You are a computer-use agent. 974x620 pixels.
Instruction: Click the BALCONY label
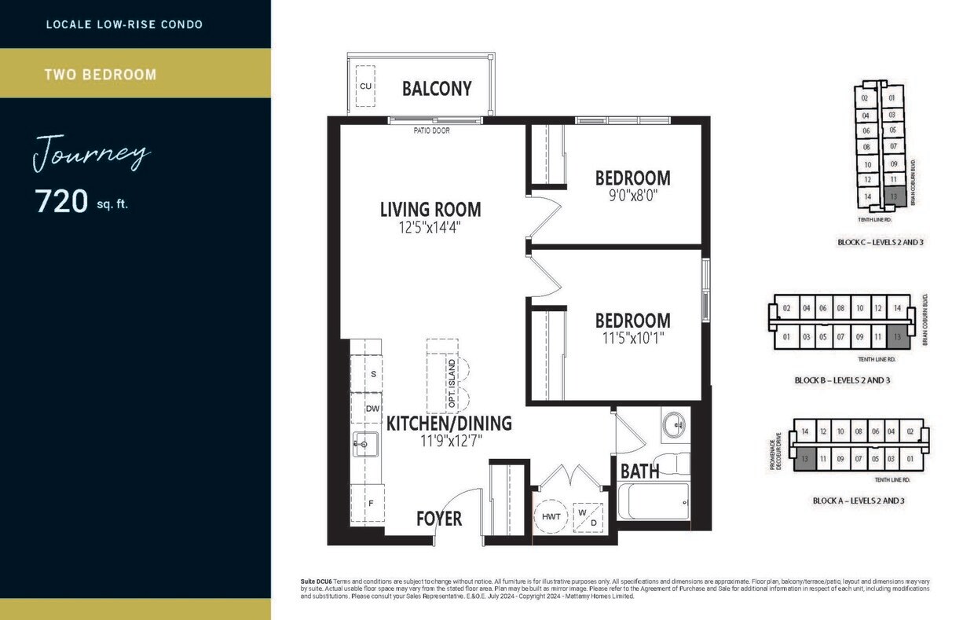[x=437, y=88]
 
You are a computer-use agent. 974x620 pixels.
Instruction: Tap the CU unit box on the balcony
[x=366, y=86]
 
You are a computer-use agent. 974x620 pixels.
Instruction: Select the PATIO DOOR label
[x=431, y=130]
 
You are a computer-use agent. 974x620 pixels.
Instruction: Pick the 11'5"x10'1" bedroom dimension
[x=632, y=339]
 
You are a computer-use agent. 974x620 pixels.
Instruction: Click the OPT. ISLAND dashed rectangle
[x=442, y=376]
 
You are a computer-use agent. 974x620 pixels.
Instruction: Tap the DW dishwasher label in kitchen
[x=372, y=409]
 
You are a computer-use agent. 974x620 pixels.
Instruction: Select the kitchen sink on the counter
[x=365, y=444]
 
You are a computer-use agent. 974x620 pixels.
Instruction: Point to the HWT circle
[x=551, y=516]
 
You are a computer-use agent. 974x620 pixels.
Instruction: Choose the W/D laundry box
[x=588, y=516]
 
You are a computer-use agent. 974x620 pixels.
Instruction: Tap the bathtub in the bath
[x=654, y=501]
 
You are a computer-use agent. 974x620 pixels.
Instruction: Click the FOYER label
[x=439, y=519]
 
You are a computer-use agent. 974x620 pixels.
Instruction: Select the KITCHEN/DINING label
[x=449, y=424]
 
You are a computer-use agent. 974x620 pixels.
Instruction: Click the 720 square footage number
[x=61, y=202]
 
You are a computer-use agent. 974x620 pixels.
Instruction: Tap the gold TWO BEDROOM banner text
[x=101, y=75]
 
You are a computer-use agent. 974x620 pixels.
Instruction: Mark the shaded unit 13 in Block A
[x=804, y=458]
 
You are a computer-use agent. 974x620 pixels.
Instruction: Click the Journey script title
[x=91, y=152]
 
